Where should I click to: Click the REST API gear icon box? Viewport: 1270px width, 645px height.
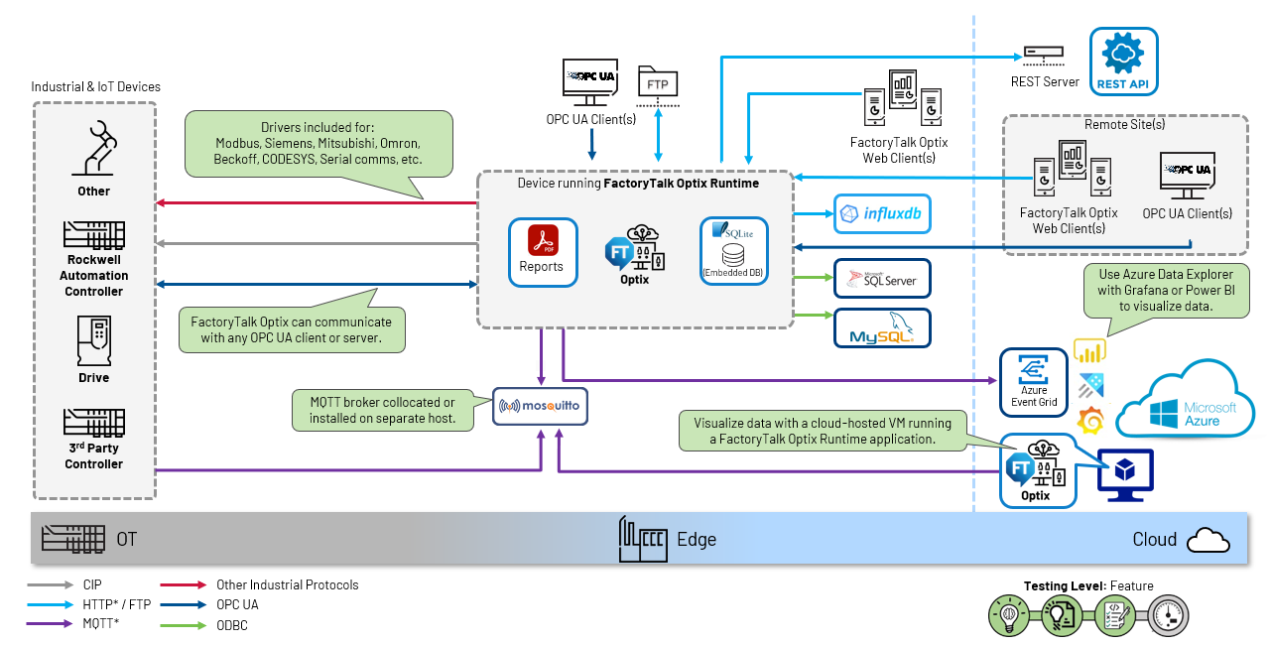[x=1124, y=62]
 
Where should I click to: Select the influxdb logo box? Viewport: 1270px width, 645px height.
[x=882, y=213]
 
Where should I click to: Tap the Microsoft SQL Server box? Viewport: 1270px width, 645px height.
[x=882, y=280]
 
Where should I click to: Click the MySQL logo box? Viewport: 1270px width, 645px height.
[x=882, y=327]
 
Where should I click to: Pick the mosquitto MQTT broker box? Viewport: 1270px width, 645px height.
[x=541, y=406]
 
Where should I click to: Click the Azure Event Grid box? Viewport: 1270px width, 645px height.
[x=1034, y=382]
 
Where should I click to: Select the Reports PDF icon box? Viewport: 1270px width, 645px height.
[x=542, y=252]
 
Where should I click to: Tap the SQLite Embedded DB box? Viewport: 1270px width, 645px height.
[x=734, y=252]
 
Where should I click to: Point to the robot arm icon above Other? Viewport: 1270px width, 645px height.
[x=95, y=147]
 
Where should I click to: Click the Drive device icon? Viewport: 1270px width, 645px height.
[x=93, y=342]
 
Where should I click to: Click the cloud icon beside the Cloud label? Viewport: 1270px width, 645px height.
[x=1207, y=540]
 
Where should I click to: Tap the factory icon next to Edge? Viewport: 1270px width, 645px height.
[x=643, y=539]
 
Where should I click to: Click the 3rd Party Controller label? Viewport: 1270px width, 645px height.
[x=94, y=455]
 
